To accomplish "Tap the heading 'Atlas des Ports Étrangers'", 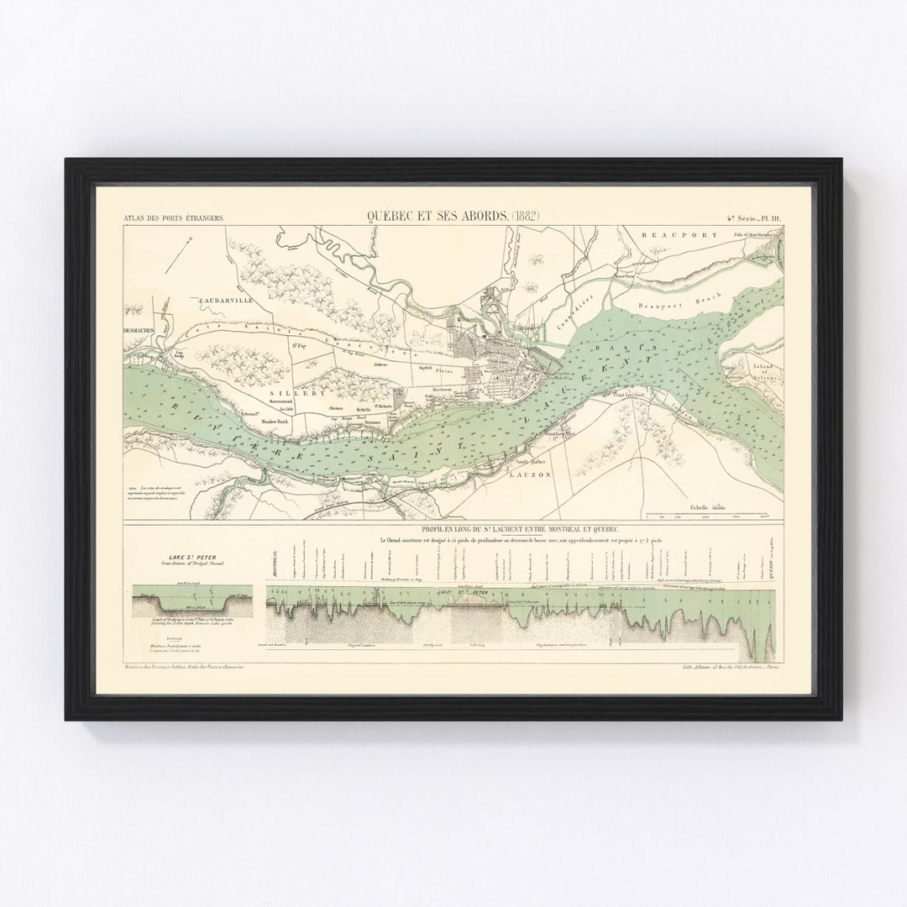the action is pyautogui.click(x=174, y=219).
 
